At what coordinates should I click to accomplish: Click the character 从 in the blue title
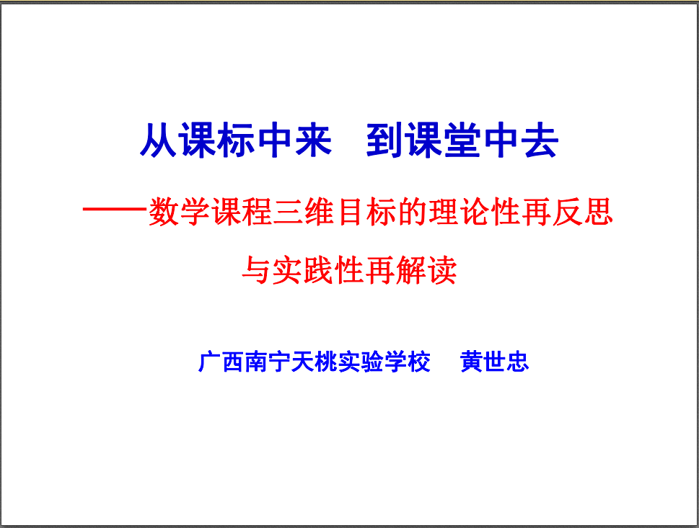pos(159,140)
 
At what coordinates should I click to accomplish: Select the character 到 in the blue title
pos(384,140)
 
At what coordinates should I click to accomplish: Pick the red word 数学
pos(179,211)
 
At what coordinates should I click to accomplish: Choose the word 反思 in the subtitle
pos(584,211)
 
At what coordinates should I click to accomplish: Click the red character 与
pos(256,270)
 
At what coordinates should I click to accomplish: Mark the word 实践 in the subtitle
pos(303,270)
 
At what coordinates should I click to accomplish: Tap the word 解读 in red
pos(426,270)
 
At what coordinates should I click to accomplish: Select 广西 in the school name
pos(221,362)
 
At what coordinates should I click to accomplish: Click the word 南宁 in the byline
pos(267,362)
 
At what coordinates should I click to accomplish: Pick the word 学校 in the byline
pos(407,362)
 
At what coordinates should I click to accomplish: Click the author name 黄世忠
pos(494,362)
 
